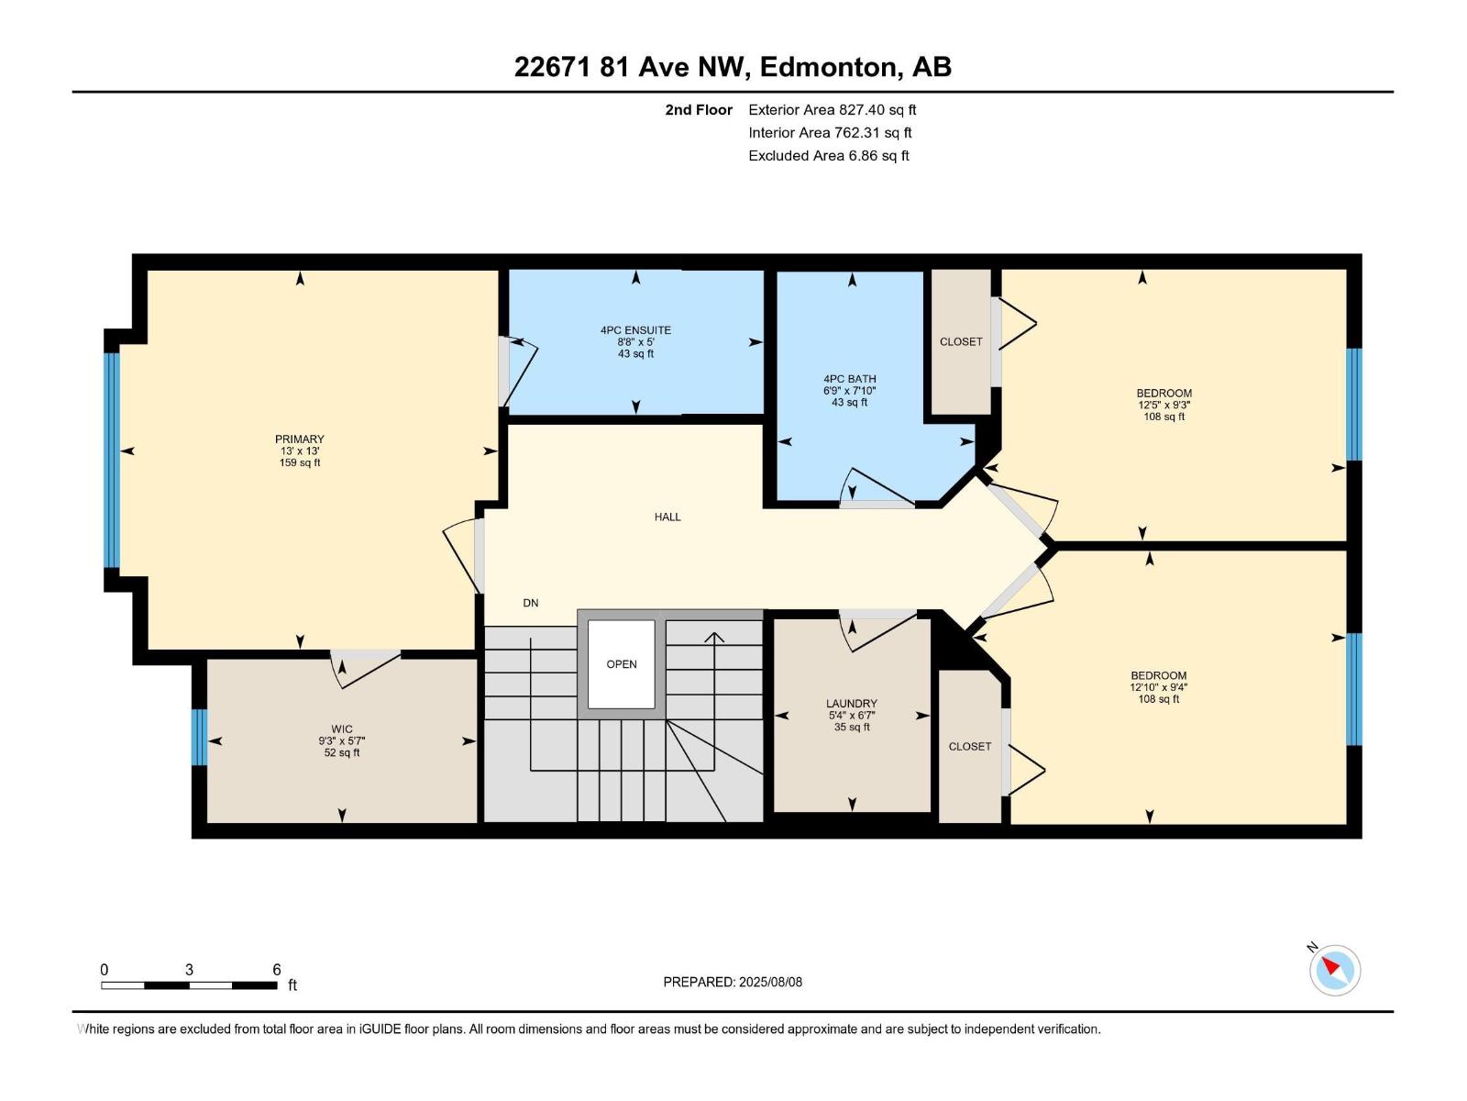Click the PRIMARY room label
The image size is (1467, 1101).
point(300,439)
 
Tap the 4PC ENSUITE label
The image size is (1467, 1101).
point(635,330)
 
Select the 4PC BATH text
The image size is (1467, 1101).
point(849,378)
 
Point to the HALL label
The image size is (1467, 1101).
point(667,517)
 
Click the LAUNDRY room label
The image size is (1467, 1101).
point(851,704)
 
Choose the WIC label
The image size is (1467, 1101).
point(342,729)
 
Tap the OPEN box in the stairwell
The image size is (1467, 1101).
point(622,664)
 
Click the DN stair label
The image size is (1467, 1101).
point(531,603)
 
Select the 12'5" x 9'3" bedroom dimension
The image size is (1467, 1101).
point(1164,405)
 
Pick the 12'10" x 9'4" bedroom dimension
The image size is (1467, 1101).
point(1158,687)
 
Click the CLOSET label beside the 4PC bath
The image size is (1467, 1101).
point(961,341)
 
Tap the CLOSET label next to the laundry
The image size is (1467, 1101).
point(970,746)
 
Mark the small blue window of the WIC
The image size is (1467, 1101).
point(199,737)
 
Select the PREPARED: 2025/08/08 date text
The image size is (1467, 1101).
point(733,982)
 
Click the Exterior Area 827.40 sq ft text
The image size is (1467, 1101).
point(832,110)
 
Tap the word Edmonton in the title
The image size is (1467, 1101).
point(828,67)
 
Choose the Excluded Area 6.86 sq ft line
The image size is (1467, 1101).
point(828,156)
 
